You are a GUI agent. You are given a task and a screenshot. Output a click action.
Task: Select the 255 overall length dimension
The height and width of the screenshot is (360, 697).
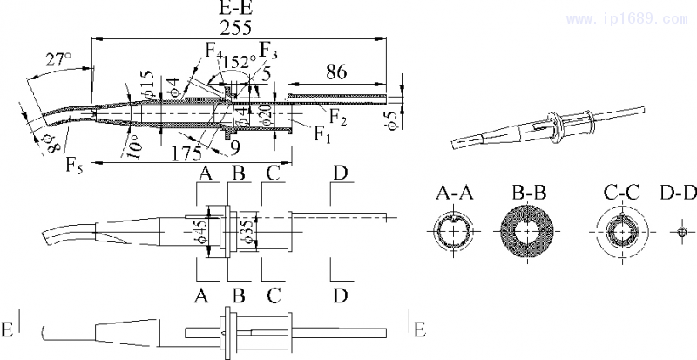[236, 28]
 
